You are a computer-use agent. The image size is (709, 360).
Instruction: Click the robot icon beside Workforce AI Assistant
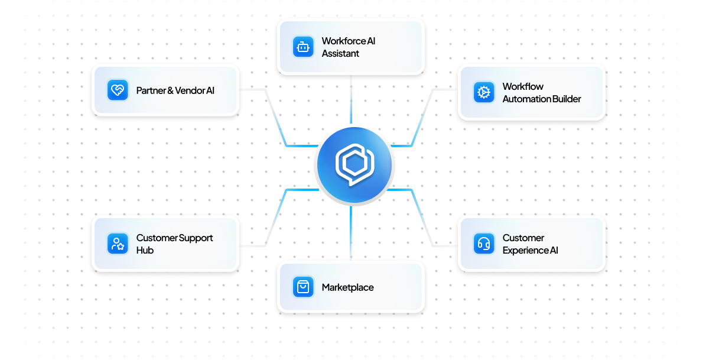tap(303, 47)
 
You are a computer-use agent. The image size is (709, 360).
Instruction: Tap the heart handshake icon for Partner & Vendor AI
tap(118, 90)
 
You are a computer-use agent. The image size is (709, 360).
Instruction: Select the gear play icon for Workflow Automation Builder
tap(484, 92)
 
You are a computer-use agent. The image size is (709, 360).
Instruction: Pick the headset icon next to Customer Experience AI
tap(484, 244)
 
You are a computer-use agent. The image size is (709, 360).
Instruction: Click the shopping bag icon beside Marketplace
tap(303, 287)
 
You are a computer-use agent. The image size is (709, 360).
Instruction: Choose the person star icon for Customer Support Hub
tap(118, 244)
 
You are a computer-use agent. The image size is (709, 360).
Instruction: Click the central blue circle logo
tap(354, 165)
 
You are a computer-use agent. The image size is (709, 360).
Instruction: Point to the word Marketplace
tap(347, 287)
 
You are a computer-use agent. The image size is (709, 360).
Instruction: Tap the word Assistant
tap(340, 54)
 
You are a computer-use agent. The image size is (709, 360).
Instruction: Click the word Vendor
tap(190, 90)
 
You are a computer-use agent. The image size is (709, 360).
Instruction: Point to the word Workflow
tap(523, 86)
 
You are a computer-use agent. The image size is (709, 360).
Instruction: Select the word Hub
tap(145, 250)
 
